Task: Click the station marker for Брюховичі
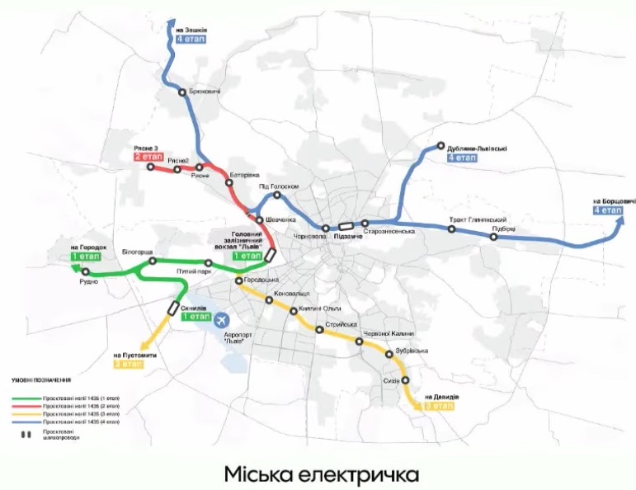point(183,92)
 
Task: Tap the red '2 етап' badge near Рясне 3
point(148,157)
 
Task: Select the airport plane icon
point(222,318)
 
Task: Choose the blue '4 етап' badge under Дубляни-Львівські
point(462,157)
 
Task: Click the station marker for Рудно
point(86,271)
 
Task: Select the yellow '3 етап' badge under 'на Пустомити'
point(130,364)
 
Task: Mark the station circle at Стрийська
point(319,330)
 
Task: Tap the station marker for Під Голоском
point(277,196)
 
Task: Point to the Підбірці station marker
point(493,238)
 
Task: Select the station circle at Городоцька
point(238,281)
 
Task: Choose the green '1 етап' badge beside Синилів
point(196,316)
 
